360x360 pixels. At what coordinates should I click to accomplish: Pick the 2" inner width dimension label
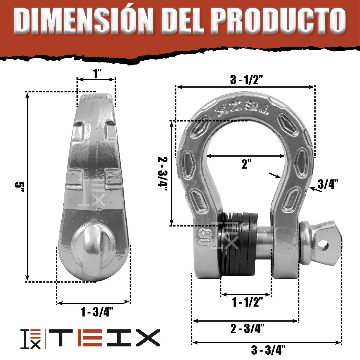click(246, 164)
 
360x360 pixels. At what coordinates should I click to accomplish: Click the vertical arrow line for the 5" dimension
click(28, 186)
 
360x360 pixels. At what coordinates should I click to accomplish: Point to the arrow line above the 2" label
click(245, 156)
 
